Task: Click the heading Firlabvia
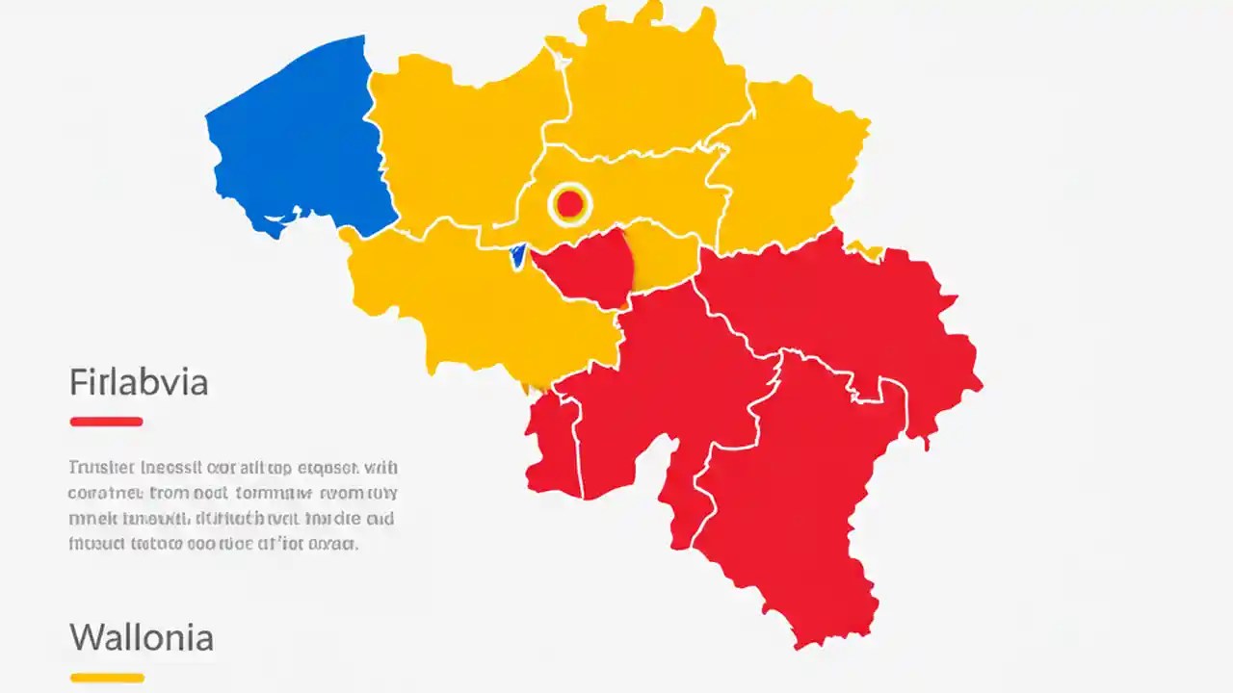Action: tap(139, 383)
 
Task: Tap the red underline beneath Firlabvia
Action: tap(106, 421)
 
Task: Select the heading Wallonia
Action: tap(141, 637)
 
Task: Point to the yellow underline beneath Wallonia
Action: tap(107, 678)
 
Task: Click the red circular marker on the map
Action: tap(569, 203)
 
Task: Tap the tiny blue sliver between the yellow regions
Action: tap(517, 255)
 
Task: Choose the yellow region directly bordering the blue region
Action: tap(453, 144)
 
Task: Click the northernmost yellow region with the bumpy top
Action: tap(645, 87)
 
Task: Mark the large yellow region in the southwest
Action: tap(462, 298)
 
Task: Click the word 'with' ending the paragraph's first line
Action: tap(380, 469)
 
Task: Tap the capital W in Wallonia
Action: tap(85, 637)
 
